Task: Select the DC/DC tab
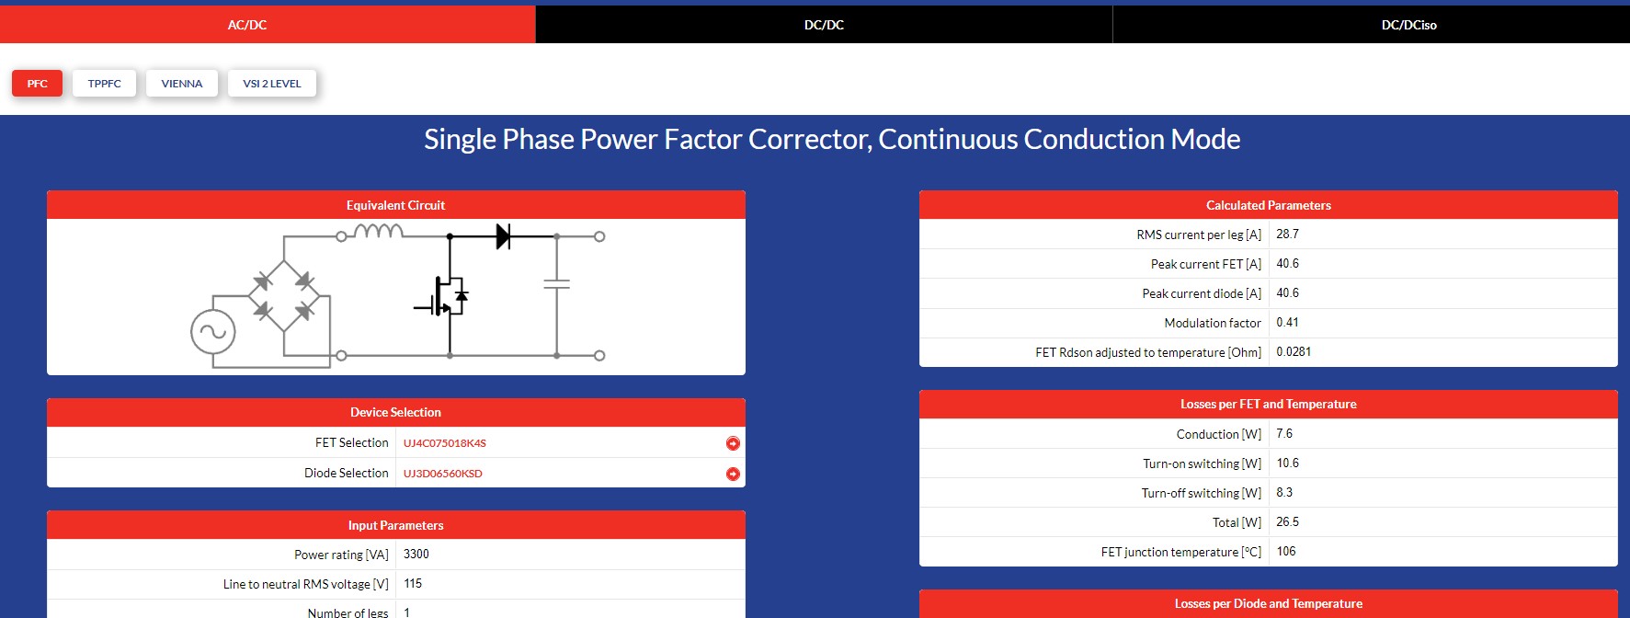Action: pos(824,25)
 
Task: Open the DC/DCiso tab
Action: pos(1408,25)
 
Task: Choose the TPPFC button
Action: pos(105,84)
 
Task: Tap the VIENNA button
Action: pos(182,84)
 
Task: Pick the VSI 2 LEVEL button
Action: pos(272,84)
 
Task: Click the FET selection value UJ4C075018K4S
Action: pos(445,443)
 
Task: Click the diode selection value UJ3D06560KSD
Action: pos(443,474)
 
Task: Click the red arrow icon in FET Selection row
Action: pos(733,443)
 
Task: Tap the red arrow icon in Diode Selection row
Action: pos(733,474)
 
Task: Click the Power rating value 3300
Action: pos(416,555)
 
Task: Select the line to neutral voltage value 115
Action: pos(413,584)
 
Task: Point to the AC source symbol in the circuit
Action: pos(213,332)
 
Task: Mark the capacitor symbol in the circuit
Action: pos(556,284)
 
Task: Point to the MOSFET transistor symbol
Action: pos(443,296)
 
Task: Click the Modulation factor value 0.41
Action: pos(1288,323)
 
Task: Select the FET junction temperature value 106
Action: pos(1286,552)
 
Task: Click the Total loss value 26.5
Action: pos(1288,522)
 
